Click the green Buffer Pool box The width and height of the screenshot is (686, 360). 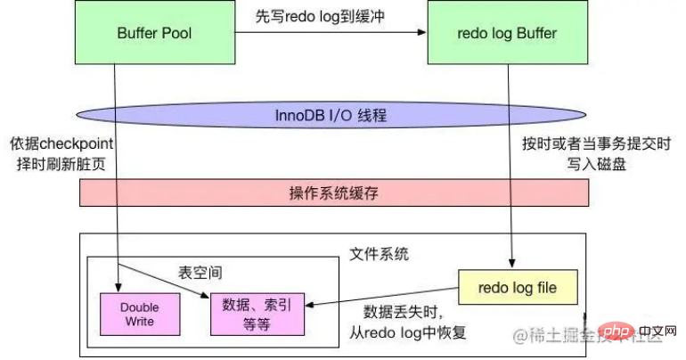click(x=155, y=32)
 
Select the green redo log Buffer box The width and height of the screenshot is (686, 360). click(x=508, y=32)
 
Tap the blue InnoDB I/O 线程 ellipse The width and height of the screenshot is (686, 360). click(x=331, y=115)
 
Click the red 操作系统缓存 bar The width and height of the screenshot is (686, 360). click(x=334, y=192)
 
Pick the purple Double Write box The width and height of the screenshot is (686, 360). click(x=140, y=314)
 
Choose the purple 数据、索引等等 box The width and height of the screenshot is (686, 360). click(x=257, y=314)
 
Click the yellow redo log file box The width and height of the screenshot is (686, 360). click(x=518, y=287)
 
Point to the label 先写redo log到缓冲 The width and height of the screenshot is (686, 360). click(x=320, y=17)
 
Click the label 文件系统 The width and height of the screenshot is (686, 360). click(x=379, y=254)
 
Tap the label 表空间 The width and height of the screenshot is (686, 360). click(x=200, y=273)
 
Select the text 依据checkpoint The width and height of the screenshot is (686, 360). click(x=61, y=143)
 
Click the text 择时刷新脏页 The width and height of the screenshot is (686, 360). click(x=61, y=164)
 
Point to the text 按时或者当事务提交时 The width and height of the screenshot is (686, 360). click(x=596, y=143)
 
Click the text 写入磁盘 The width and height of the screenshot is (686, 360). click(x=596, y=164)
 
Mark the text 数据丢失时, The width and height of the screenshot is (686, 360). click(x=404, y=312)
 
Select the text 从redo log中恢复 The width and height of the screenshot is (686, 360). click(x=408, y=333)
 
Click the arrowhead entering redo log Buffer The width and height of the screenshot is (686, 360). click(x=421, y=32)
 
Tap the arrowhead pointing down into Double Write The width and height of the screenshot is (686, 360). click(x=118, y=288)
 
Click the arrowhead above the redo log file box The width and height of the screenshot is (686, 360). click(x=512, y=264)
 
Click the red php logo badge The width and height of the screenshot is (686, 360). click(x=616, y=332)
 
